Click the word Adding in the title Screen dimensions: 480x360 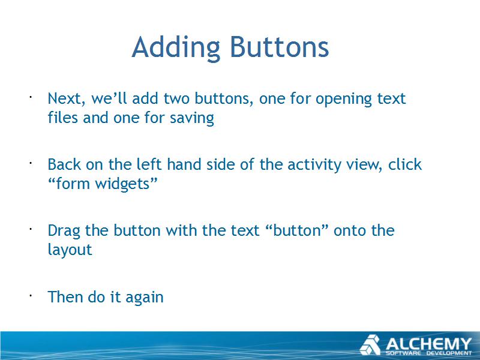coord(176,48)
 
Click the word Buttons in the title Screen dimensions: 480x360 coord(280,47)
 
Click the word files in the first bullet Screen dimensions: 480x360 coord(63,117)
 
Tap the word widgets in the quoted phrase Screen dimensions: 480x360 coord(122,184)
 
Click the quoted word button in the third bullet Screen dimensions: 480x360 coord(296,230)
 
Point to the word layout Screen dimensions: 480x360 coord(70,250)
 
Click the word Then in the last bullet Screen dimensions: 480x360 coord(65,296)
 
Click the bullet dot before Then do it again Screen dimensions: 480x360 coord(31,296)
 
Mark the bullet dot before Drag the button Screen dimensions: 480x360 coord(31,229)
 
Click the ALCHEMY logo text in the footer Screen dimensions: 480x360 coord(428,344)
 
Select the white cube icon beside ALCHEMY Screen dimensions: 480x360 coord(370,345)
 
